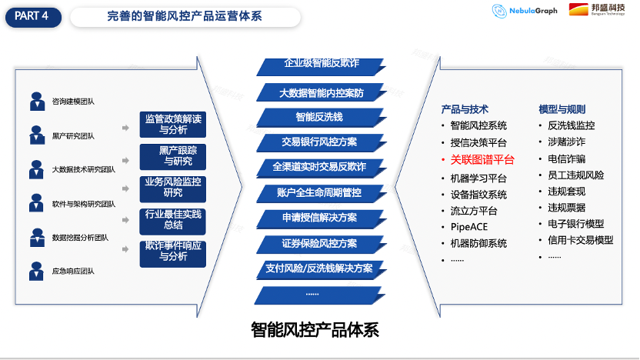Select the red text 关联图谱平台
482,159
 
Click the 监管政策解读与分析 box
173,125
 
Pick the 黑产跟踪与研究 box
173,156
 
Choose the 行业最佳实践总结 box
173,219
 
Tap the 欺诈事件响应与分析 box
173,252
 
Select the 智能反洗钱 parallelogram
319,118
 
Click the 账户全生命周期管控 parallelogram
319,192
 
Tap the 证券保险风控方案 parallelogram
319,243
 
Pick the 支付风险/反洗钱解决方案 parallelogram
319,268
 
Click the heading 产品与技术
465,109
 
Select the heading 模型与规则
562,109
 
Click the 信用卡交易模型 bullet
580,240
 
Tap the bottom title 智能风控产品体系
315,330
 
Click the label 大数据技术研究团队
83,170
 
